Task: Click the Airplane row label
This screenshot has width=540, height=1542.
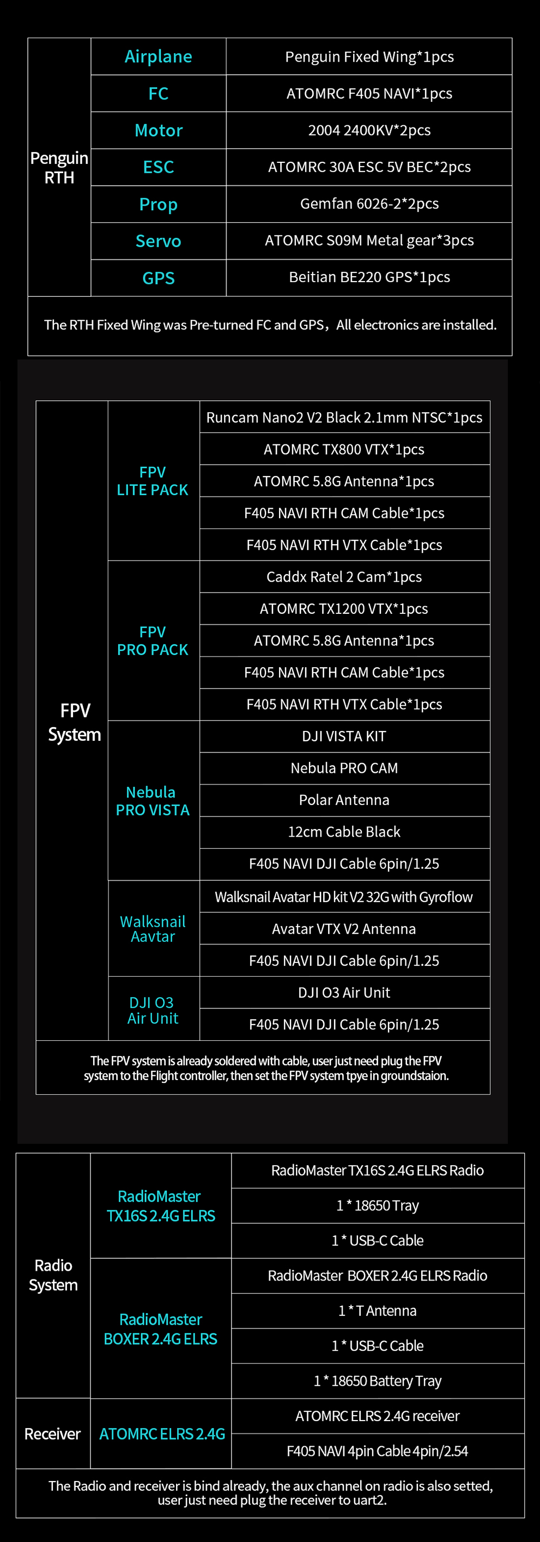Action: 158,57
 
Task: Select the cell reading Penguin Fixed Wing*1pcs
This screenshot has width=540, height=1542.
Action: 369,57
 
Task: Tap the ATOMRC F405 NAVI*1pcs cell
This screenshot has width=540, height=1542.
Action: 369,93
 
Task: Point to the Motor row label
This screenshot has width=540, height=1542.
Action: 158,131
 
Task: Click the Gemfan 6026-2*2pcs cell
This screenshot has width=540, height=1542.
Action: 369,204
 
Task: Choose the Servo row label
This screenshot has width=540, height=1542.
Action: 158,241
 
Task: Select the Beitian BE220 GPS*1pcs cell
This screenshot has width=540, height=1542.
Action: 369,277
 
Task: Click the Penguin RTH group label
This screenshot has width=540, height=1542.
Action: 59,168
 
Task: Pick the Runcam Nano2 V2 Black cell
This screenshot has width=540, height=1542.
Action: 344,417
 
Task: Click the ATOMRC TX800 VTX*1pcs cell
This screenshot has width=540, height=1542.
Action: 344,449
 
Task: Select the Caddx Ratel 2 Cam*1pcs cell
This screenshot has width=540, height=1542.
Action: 344,576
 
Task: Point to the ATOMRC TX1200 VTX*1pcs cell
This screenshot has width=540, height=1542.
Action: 344,609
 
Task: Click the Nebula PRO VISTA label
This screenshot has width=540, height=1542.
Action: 153,801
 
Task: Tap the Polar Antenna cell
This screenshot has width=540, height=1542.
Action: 344,800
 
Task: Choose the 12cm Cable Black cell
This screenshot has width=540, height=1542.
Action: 344,831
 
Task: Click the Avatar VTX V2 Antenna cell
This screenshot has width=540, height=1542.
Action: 344,929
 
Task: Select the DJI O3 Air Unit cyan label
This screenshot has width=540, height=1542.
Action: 153,1010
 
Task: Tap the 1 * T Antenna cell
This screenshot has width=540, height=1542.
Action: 377,1311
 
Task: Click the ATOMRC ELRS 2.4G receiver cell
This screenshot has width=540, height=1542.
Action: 377,1416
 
